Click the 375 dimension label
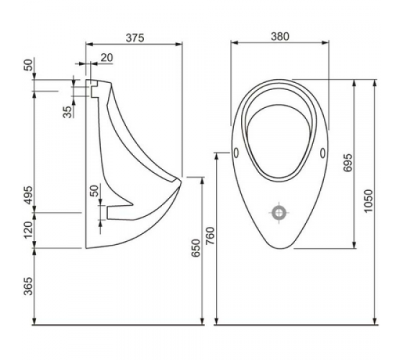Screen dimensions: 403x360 pos(135,37)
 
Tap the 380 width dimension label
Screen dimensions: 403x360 pos(280,37)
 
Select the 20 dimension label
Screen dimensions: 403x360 pos(107,58)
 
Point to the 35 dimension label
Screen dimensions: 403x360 pos(68,112)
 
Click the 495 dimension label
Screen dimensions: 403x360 pos(29,195)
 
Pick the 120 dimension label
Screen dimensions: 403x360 pos(29,230)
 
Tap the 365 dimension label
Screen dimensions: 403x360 pos(29,287)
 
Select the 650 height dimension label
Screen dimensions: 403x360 pos(196,248)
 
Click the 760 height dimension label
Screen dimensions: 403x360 pos(210,236)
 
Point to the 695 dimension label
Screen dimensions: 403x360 pos(348,163)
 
